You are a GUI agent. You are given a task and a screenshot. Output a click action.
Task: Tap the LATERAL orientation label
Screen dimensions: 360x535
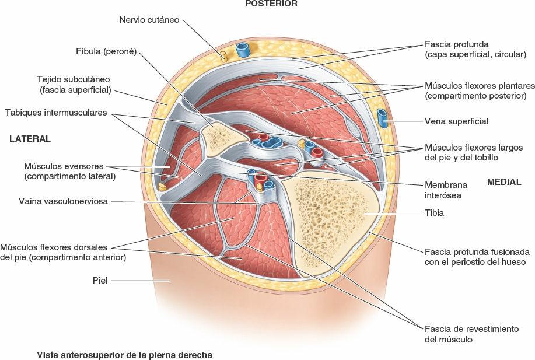pos(30,139)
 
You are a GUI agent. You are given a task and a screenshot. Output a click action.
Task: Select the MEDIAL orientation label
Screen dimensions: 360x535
pos(504,182)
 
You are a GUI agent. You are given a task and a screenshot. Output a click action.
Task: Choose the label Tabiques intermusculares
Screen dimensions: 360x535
pos(55,113)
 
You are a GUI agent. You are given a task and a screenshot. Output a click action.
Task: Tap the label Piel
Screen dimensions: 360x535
pos(101,280)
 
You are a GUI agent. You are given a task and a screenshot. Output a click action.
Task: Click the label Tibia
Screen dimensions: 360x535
pos(434,213)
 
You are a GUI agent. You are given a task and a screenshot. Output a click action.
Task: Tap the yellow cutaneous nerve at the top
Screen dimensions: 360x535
pos(223,56)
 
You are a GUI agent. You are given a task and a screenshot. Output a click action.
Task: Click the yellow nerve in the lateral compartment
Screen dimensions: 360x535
pos(163,187)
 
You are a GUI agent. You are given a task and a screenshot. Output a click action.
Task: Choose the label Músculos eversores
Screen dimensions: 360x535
pos(69,170)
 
